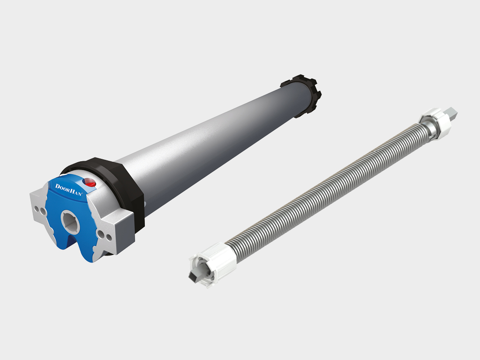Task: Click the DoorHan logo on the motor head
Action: (x=68, y=190)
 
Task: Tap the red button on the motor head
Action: (x=90, y=183)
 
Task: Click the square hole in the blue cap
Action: (x=70, y=221)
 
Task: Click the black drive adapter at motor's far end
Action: (x=303, y=95)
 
